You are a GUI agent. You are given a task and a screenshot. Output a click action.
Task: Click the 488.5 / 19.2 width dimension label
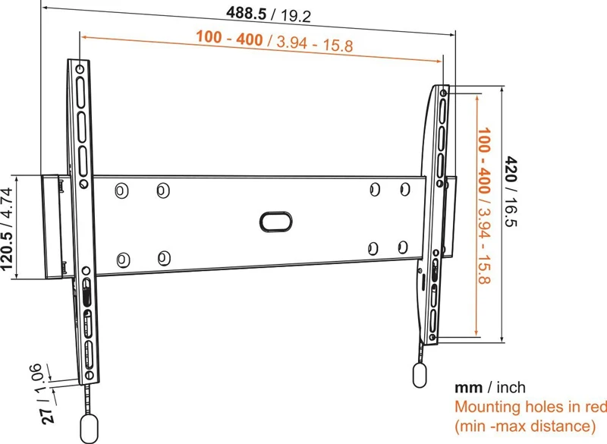click(269, 14)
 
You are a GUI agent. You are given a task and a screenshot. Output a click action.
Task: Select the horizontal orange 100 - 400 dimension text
click(274, 41)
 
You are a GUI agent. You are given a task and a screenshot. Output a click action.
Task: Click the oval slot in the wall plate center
click(275, 221)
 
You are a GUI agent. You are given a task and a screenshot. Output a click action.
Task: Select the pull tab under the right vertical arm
click(420, 375)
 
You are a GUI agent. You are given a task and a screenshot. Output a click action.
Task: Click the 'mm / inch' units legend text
click(489, 388)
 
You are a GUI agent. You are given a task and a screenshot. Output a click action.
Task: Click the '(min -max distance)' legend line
click(524, 426)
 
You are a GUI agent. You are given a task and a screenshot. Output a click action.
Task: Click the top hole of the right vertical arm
click(442, 93)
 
